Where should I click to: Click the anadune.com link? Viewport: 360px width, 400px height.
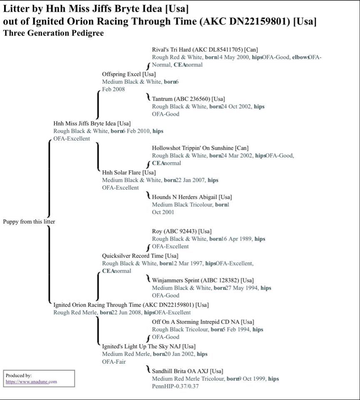tap(31, 382)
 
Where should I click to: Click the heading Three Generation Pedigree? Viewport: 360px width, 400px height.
tap(53, 33)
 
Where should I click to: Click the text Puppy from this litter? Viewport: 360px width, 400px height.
tap(29, 221)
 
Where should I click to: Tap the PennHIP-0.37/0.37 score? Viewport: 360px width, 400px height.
tap(175, 386)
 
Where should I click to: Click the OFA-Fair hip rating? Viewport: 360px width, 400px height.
tap(114, 361)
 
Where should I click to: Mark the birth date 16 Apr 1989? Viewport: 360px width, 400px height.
tap(236, 239)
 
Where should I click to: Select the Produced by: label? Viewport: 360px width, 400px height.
tap(19, 375)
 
